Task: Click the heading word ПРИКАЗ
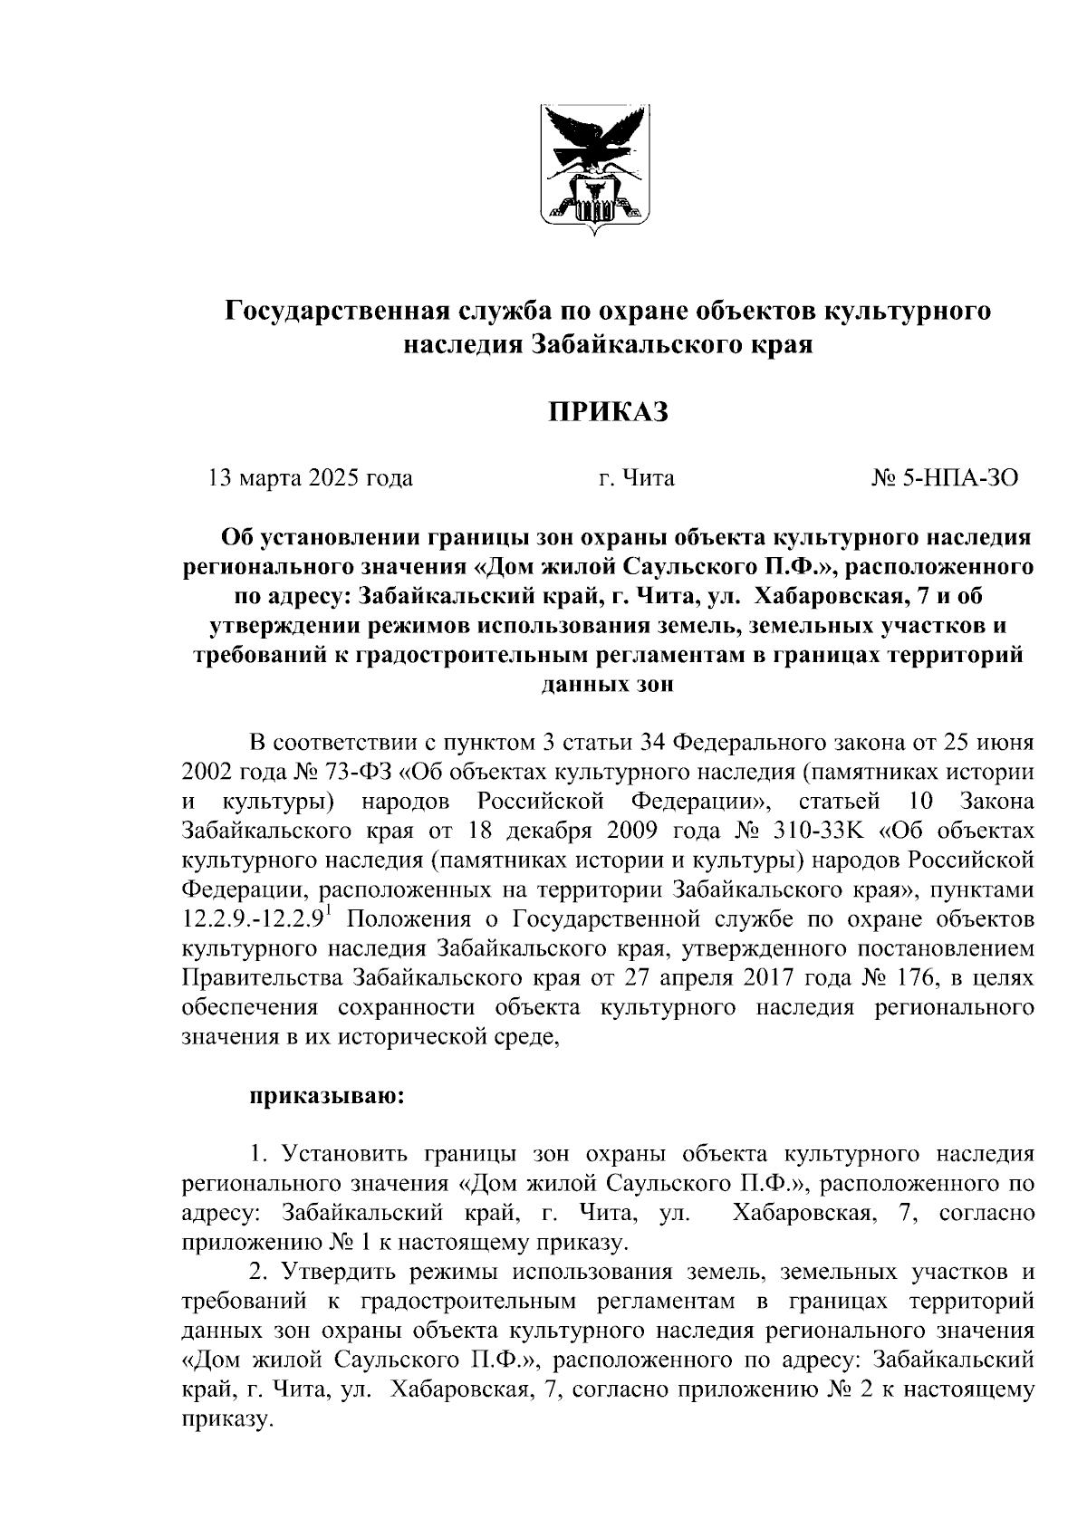point(607,413)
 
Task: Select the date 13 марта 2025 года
point(311,477)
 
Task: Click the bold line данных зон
point(607,686)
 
